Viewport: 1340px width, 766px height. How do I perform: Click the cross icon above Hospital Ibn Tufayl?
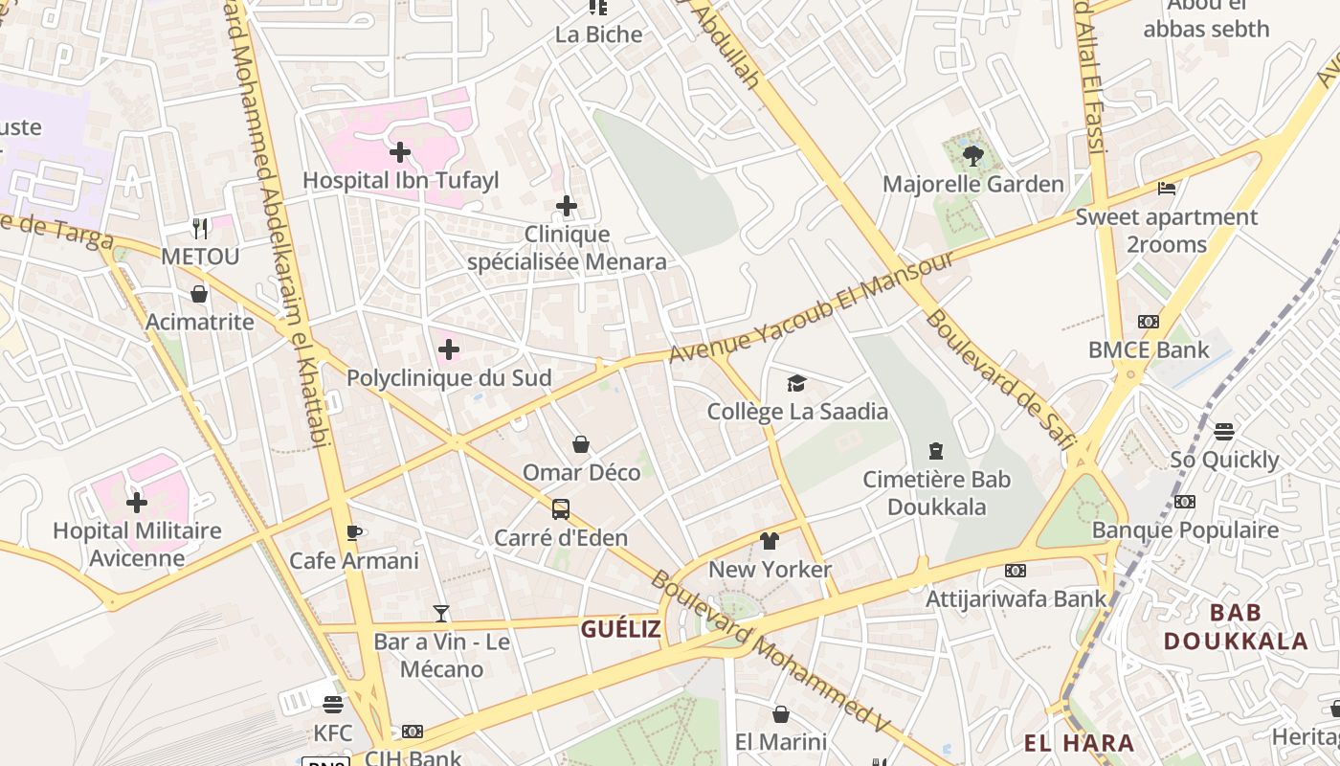[x=400, y=151]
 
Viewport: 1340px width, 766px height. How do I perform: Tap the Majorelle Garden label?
[x=972, y=184]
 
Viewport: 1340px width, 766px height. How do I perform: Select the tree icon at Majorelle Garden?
[x=973, y=155]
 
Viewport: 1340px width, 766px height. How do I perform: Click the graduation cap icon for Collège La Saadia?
[x=796, y=384]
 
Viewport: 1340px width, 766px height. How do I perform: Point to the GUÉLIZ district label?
[x=621, y=629]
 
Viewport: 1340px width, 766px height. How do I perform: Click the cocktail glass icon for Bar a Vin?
[x=441, y=613]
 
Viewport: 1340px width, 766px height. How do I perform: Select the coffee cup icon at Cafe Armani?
[x=353, y=532]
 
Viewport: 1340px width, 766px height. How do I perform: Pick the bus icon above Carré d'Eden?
[x=561, y=509]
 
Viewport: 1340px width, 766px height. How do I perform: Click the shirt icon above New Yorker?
[x=770, y=541]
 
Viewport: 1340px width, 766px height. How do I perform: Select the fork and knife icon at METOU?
[x=199, y=228]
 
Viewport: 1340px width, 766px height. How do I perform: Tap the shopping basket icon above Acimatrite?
[x=199, y=293]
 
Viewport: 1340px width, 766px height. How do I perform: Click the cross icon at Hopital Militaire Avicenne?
[x=137, y=502]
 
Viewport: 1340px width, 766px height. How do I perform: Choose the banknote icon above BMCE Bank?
[x=1149, y=322]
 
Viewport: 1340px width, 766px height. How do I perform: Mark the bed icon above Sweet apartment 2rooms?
[x=1166, y=188]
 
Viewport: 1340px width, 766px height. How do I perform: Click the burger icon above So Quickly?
[x=1224, y=431]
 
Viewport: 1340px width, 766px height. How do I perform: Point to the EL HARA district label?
[x=1079, y=743]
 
